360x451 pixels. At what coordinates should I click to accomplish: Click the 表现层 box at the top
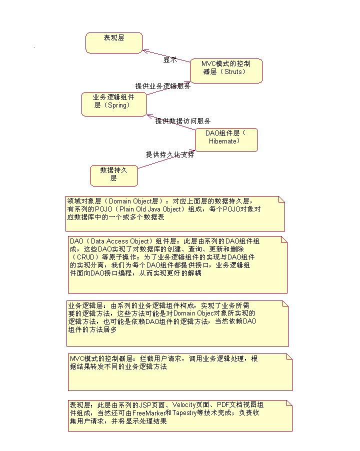114,42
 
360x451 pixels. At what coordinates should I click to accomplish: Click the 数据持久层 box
113,174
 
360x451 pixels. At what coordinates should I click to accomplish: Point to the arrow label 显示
170,59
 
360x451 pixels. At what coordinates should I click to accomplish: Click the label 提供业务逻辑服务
162,86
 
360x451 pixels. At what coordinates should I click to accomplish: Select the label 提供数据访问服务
182,121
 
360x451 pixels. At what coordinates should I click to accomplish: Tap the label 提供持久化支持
169,154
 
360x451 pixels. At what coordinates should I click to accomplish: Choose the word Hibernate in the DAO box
224,141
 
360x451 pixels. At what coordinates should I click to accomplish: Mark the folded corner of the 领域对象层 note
281,199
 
